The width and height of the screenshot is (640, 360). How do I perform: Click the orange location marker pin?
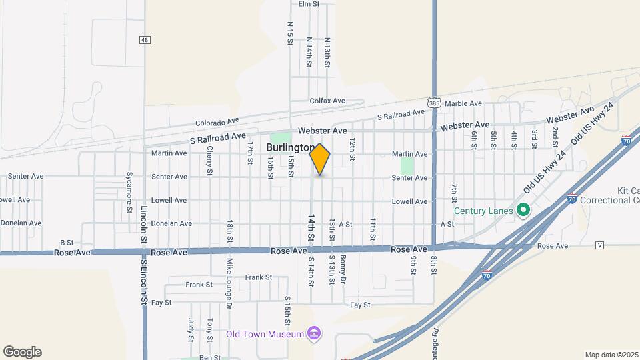[x=320, y=159]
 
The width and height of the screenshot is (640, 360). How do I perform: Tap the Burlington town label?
[x=290, y=147]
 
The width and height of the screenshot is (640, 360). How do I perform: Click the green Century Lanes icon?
[x=523, y=211]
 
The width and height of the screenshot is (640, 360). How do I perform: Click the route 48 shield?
[x=144, y=40]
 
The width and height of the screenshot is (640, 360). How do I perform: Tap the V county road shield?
[x=600, y=245]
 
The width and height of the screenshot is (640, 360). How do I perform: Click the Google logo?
[x=22, y=352]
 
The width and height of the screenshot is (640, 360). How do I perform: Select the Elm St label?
[x=309, y=4]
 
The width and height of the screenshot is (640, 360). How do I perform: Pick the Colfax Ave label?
[x=327, y=101]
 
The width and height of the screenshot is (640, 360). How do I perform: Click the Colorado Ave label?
[x=217, y=123]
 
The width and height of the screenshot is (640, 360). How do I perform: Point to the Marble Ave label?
[x=463, y=103]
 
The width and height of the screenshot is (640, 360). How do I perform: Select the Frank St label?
[x=258, y=277]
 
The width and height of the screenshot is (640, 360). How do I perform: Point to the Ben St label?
[x=210, y=357]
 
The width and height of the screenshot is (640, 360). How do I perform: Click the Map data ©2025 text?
[x=611, y=355]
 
